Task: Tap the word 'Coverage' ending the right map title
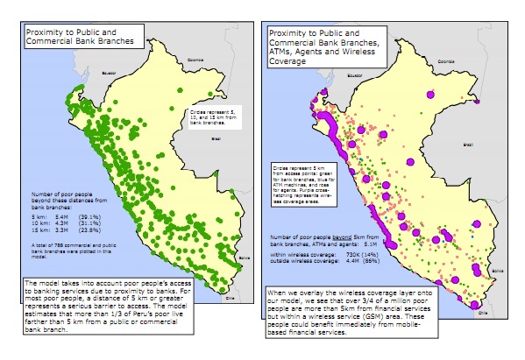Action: [x=297, y=61]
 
